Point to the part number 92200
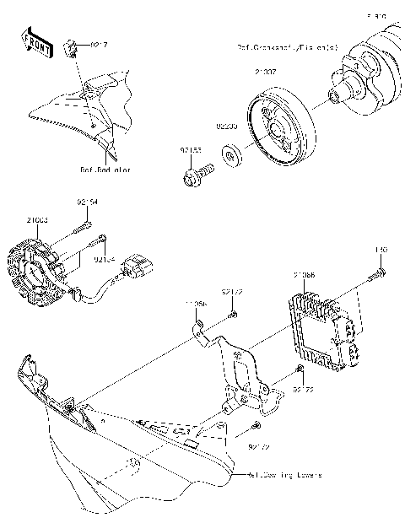[225, 127]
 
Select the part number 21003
[36, 219]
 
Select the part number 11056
[196, 301]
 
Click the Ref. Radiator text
[106, 169]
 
